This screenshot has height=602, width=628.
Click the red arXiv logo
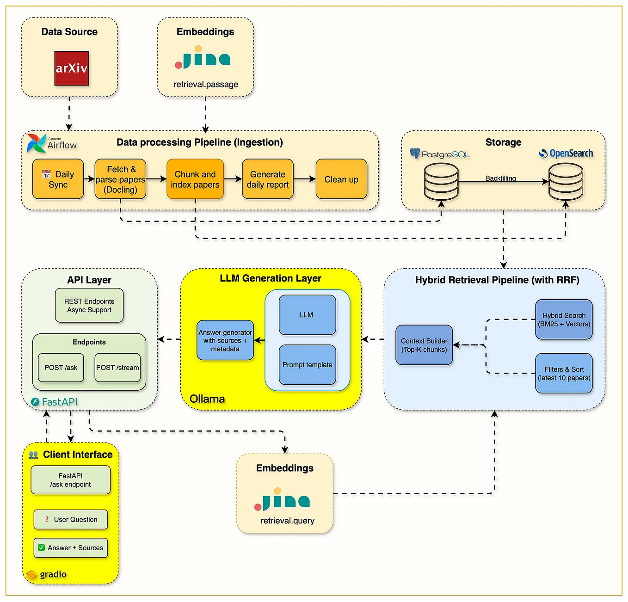pyautogui.click(x=71, y=68)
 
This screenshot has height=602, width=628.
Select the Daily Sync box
pyautogui.click(x=58, y=179)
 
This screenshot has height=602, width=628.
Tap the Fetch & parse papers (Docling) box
pyautogui.click(x=120, y=179)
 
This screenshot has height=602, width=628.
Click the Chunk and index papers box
pyautogui.click(x=195, y=179)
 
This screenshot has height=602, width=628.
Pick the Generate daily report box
pyautogui.click(x=267, y=179)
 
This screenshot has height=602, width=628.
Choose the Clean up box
pyautogui.click(x=341, y=179)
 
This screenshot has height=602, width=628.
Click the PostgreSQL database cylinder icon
pyautogui.click(x=441, y=182)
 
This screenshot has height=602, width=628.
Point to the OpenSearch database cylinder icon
pyautogui.click(x=565, y=182)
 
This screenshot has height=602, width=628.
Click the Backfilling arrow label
pyautogui.click(x=500, y=178)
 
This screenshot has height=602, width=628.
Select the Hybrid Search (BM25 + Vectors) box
pyautogui.click(x=564, y=319)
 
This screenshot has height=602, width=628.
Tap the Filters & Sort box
pyautogui.click(x=564, y=374)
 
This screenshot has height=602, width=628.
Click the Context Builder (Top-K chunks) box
pyautogui.click(x=424, y=345)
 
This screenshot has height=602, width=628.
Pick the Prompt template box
pyautogui.click(x=307, y=365)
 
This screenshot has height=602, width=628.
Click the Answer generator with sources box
pyautogui.click(x=225, y=340)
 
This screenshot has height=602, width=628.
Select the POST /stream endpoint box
pyautogui.click(x=117, y=368)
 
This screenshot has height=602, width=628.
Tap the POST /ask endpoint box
pyautogui.click(x=61, y=368)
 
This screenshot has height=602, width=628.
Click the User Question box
pyautogui.click(x=71, y=520)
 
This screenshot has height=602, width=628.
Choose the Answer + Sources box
pyautogui.click(x=71, y=548)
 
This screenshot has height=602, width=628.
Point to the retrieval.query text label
pyautogui.click(x=287, y=521)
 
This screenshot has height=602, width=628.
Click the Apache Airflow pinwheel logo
pyautogui.click(x=36, y=143)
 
